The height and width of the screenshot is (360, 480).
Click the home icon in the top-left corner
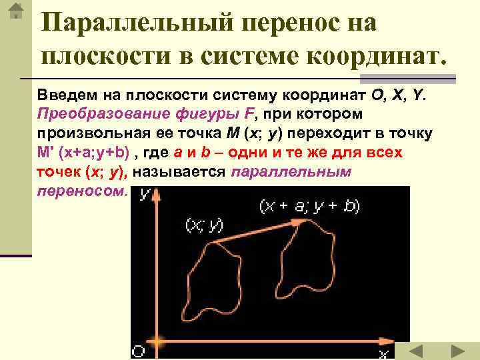coord(16,12)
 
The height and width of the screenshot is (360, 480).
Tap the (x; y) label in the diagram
coord(203,226)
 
